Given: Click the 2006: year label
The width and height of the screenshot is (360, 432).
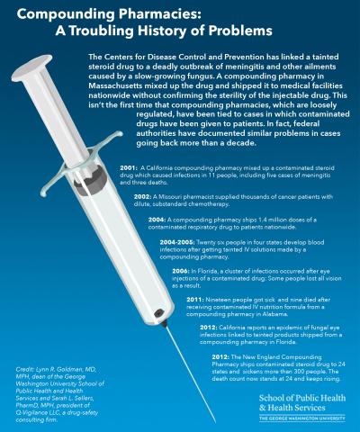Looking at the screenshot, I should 181,271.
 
